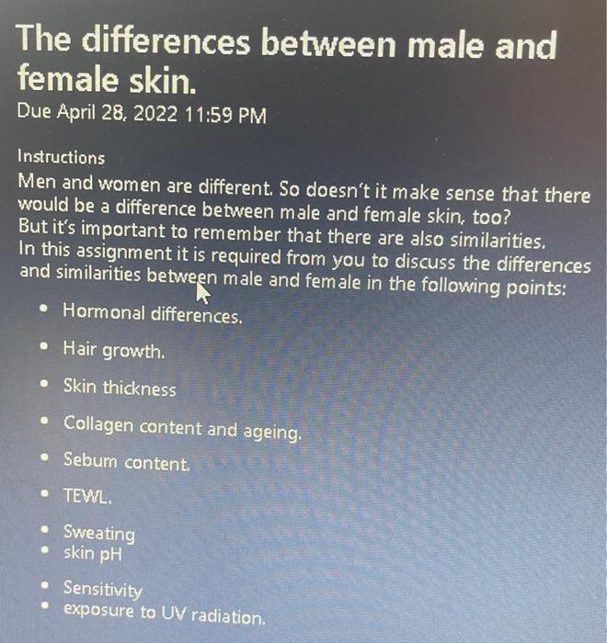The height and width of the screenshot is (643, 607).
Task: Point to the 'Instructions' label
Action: point(62,157)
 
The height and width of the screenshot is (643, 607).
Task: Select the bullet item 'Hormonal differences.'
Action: point(153,313)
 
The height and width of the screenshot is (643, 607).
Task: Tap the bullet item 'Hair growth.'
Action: point(115,350)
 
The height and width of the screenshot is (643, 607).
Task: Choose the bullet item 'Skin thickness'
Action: point(120,388)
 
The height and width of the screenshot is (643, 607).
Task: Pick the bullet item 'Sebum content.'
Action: point(127,461)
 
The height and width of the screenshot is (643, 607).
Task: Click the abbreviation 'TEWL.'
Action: point(87,496)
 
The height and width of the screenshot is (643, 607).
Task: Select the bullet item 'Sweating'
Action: point(98,533)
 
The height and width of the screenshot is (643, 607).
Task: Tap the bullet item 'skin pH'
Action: point(92,554)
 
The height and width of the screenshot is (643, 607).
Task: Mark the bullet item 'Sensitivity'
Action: point(103,589)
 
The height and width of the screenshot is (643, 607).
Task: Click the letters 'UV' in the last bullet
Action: point(174,612)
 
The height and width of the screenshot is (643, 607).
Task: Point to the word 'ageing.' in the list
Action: point(270,429)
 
